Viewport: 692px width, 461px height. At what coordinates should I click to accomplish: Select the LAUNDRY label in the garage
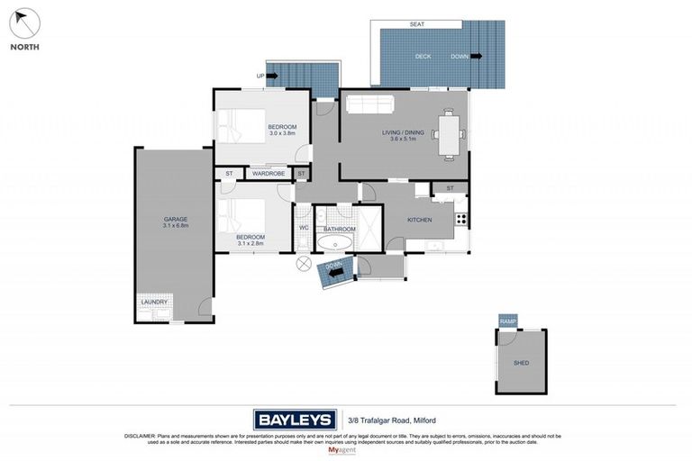point(153,303)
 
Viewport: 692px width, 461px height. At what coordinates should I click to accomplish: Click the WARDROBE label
point(268,173)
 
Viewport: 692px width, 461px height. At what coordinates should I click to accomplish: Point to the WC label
point(304,229)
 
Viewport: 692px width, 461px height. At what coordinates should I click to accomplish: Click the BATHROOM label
point(340,230)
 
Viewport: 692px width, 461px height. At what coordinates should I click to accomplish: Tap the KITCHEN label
point(419,220)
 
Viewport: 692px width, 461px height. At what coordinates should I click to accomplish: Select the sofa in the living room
point(369,104)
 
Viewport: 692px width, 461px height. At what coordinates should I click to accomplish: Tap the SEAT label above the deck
point(417,23)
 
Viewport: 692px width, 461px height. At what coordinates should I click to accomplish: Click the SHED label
point(521,363)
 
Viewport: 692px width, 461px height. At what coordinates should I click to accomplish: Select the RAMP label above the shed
point(506,321)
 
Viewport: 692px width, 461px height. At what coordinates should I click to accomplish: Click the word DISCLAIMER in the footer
point(140,436)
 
